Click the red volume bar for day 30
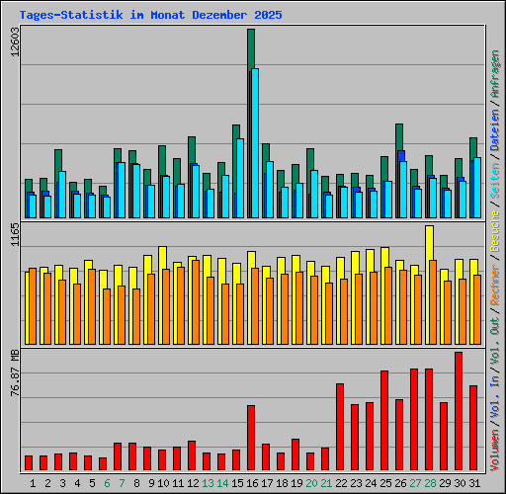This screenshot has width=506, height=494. click(459, 411)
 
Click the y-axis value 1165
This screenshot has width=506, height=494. click(14, 235)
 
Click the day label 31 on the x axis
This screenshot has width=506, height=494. click(473, 483)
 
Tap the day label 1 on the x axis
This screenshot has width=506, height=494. click(33, 483)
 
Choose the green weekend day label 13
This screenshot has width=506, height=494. click(208, 483)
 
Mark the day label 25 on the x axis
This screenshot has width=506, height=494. click(384, 483)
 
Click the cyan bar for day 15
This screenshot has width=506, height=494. click(239, 179)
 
